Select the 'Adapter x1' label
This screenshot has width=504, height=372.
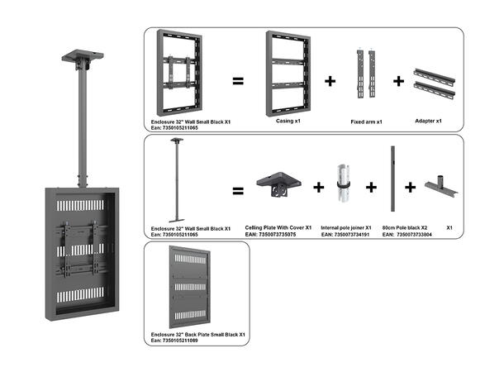coord(427,121)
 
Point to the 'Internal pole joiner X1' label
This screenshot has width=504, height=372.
coord(345,227)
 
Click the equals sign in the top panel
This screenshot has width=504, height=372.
coord(237,81)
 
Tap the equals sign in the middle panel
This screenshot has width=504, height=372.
coord(237,190)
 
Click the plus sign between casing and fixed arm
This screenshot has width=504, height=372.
coord(330,81)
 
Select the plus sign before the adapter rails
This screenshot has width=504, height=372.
coord(398,81)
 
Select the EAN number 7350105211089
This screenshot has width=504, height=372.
coord(182,341)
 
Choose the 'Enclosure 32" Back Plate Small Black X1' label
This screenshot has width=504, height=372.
coord(199,334)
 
